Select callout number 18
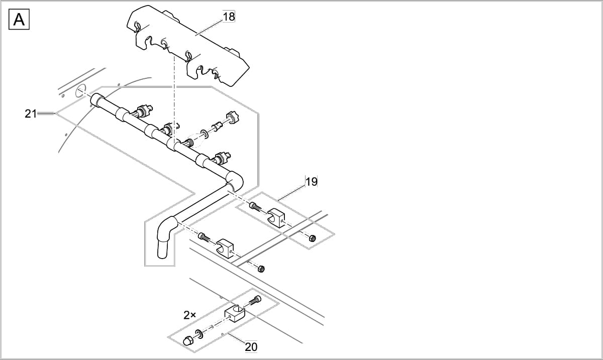coord(229,17)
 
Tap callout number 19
coord(312,182)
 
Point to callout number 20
coord(251,346)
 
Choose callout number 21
coord(31,114)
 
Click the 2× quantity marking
coord(190,315)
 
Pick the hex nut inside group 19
coord(312,237)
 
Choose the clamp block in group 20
coord(234,313)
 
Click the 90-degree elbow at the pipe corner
coord(235,180)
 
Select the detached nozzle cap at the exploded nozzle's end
coord(232,118)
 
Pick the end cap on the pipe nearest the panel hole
coord(96,100)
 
